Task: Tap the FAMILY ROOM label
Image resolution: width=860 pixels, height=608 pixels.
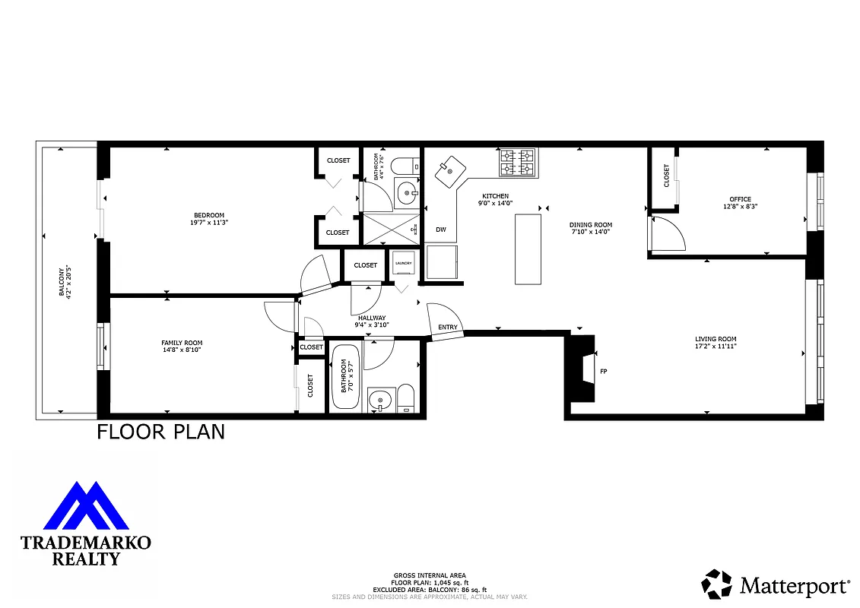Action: pos(182,347)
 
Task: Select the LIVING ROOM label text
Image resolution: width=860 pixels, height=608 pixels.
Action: pos(715,342)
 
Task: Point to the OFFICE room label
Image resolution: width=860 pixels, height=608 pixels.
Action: pos(740,202)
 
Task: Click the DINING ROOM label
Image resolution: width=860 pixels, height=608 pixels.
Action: pos(591,228)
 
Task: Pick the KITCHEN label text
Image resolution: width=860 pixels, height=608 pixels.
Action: pos(495,199)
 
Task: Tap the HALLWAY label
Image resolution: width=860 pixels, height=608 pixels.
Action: pos(372,321)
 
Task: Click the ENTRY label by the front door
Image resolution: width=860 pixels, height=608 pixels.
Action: pos(448,328)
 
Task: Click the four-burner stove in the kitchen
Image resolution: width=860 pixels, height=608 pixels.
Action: pos(517,162)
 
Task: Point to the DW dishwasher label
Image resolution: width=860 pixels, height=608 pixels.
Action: pos(440,229)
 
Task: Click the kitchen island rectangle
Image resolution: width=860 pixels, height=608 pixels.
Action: pos(528,249)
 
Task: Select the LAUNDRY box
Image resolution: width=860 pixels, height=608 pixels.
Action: pos(403,264)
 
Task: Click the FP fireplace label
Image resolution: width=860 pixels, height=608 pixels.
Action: pos(604,372)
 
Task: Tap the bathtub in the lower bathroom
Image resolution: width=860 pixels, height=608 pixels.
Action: pos(346,378)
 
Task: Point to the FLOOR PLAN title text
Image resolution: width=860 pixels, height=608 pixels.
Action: pos(160,432)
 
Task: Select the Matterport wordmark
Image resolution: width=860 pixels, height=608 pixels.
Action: pos(794,585)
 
